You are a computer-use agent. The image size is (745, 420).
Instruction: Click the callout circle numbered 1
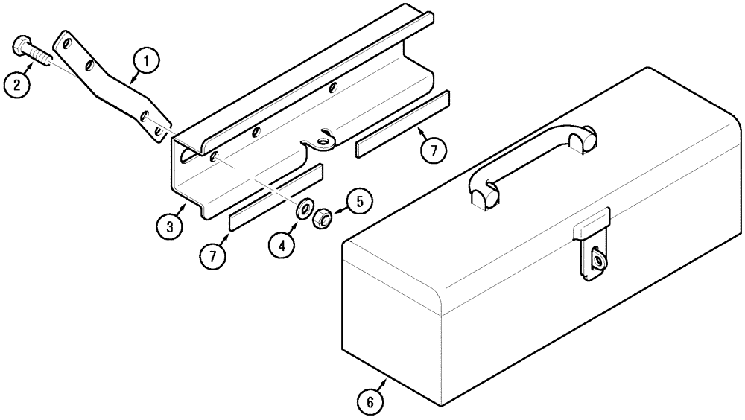click(146, 62)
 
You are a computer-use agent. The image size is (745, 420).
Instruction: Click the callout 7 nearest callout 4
click(213, 255)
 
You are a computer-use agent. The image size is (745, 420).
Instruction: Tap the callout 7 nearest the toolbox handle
click(433, 150)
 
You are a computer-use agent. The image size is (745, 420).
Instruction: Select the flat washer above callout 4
click(305, 209)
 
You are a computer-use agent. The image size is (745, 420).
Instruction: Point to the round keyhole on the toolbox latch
click(597, 259)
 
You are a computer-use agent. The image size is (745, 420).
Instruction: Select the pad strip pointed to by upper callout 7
click(403, 124)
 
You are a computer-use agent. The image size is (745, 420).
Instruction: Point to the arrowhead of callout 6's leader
click(384, 379)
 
